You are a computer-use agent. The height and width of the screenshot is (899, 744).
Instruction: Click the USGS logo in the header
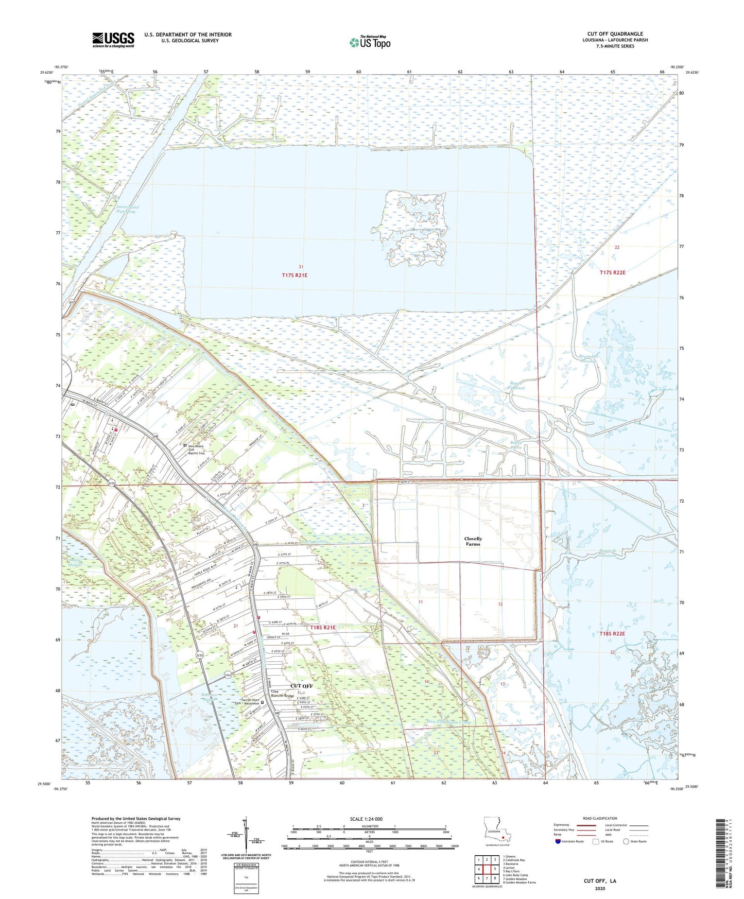tap(113, 40)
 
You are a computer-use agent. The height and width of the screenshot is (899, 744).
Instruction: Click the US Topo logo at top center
tap(370, 42)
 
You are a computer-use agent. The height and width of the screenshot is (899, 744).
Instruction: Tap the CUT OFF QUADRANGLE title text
tap(615, 34)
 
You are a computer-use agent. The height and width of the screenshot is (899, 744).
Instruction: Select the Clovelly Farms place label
tap(473, 541)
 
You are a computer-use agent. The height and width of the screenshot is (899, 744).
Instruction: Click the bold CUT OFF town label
tap(301, 686)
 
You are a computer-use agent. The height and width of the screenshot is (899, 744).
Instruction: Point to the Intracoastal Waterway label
tap(126, 209)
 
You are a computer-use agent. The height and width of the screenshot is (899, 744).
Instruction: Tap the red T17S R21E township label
tap(295, 275)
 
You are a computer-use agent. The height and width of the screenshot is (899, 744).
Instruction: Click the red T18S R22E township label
tap(612, 634)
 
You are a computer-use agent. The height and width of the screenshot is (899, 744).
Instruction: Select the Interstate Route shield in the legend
tap(559, 841)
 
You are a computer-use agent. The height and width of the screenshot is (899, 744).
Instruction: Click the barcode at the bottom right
tap(722, 859)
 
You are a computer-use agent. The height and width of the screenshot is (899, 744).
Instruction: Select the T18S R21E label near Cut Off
tap(323, 628)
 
